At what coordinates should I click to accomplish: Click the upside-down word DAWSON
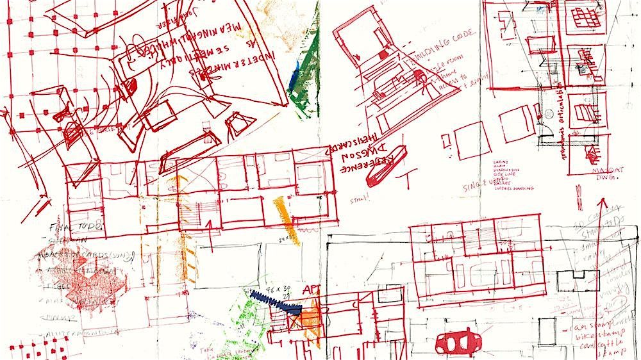(347, 154)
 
